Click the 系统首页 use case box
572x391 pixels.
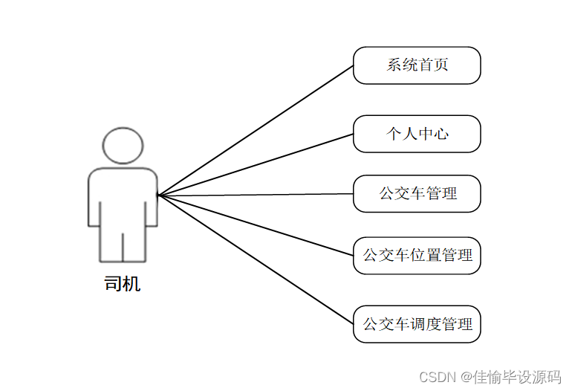point(417,65)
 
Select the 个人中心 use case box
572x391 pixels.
point(417,134)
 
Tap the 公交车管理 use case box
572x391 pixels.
point(417,194)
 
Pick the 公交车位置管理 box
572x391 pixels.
point(417,256)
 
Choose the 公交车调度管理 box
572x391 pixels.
point(417,324)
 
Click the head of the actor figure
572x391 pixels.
point(123,146)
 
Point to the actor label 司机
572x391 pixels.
point(123,283)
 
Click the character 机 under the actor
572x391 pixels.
point(131,283)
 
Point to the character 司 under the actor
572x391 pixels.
point(114,283)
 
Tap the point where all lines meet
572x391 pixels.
point(158,195)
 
